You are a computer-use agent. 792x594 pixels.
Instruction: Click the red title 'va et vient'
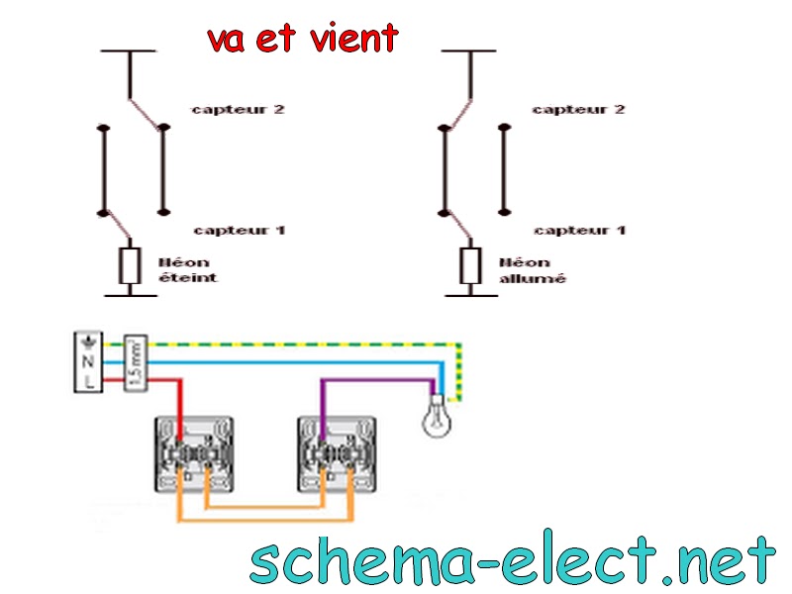click(303, 38)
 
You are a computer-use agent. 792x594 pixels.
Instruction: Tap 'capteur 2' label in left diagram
click(238, 110)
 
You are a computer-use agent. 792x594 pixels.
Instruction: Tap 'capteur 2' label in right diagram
click(579, 110)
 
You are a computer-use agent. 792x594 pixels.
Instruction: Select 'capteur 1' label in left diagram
click(239, 231)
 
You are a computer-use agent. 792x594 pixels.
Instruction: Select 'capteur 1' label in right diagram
click(580, 231)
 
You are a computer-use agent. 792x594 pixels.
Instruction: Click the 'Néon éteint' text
click(187, 270)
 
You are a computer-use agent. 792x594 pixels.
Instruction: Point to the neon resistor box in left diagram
click(130, 265)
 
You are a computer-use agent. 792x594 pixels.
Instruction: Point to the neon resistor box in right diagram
click(470, 265)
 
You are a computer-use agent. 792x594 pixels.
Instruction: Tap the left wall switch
click(193, 454)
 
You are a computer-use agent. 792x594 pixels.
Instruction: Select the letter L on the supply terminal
click(88, 379)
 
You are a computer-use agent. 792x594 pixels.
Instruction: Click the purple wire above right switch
click(376, 380)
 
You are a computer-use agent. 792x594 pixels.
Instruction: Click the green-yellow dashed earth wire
click(297, 345)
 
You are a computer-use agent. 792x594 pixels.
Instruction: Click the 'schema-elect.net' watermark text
click(512, 561)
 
